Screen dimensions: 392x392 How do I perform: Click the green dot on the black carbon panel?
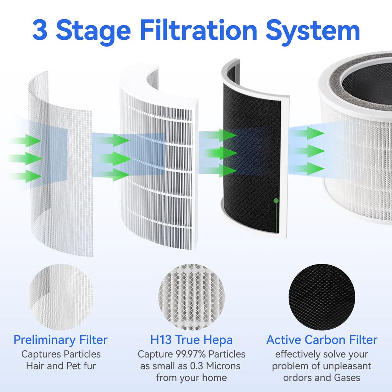(276, 200)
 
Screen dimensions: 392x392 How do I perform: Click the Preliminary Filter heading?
(60, 340)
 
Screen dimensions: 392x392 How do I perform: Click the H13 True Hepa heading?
(191, 340)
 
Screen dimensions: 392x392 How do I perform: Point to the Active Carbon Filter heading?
(322, 340)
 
